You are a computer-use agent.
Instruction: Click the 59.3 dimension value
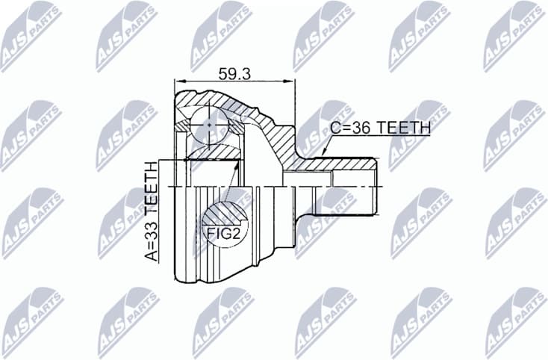click(234, 73)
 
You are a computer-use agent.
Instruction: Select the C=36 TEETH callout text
click(380, 128)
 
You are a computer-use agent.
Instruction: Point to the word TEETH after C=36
click(404, 128)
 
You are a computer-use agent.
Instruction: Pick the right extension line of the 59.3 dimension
click(295, 112)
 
